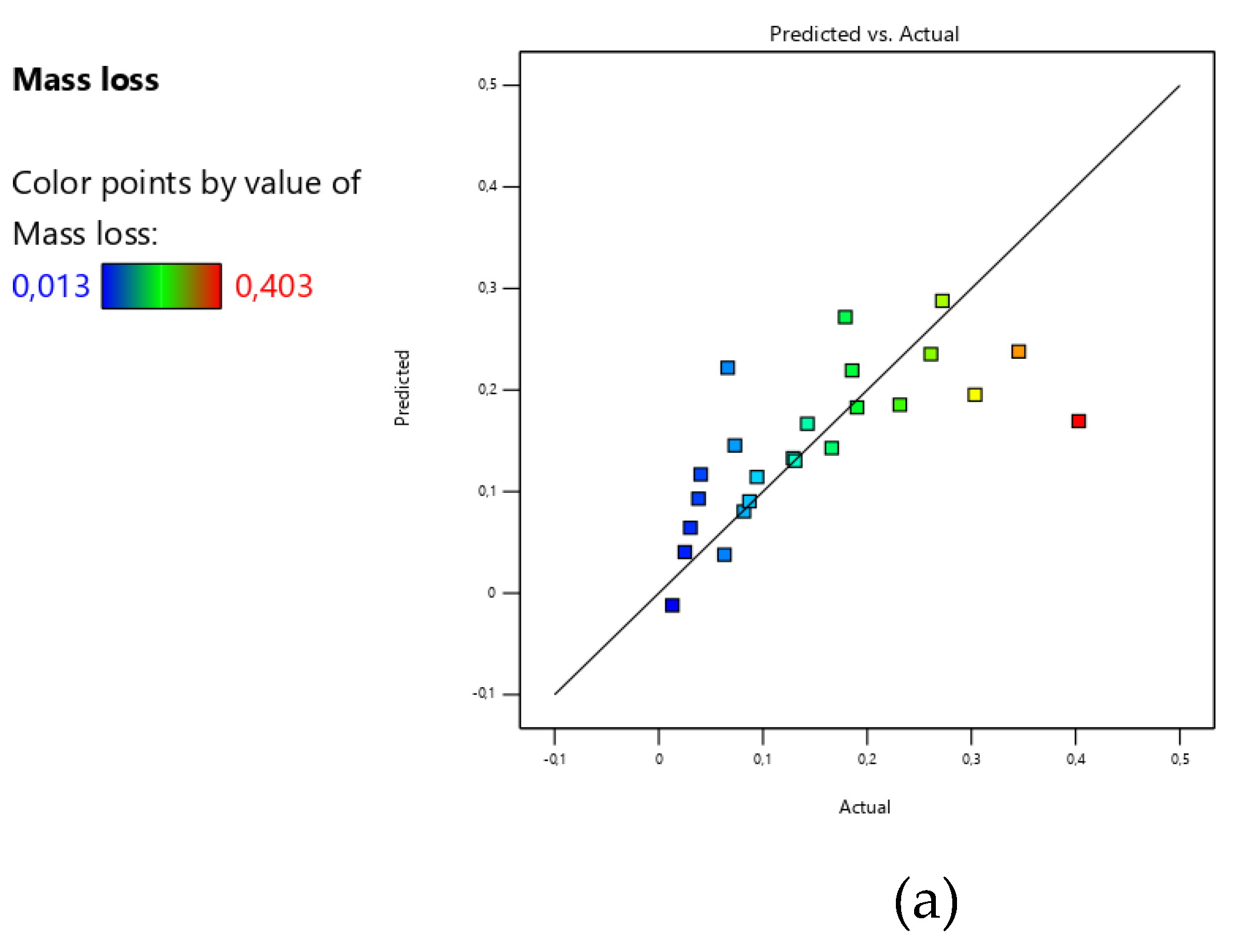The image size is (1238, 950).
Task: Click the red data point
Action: coord(1078,421)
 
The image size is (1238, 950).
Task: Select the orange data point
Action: coord(1018,352)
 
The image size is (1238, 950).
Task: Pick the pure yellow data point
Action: coord(974,395)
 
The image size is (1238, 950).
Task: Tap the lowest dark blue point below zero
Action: coord(672,605)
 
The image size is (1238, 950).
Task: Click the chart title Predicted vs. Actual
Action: coord(864,34)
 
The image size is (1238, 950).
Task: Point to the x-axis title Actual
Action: coord(864,807)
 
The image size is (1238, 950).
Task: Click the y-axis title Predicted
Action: coord(401,388)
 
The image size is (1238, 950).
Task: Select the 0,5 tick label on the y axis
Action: coord(487,85)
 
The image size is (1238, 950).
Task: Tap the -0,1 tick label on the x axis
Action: coord(554,759)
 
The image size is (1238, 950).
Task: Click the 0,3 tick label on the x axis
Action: coord(971,759)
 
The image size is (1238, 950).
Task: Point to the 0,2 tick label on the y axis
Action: coord(487,389)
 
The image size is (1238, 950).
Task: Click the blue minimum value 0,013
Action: coord(51,286)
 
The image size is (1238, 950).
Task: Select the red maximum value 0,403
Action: coord(274,286)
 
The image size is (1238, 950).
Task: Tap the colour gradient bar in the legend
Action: coord(161,286)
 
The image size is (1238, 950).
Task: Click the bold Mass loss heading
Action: coord(86,79)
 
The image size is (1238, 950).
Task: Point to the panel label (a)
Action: coord(925,902)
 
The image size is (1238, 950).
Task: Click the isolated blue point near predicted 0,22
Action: coord(727,368)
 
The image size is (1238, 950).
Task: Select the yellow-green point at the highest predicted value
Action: coord(942,301)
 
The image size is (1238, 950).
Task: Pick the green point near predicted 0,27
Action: coord(845,317)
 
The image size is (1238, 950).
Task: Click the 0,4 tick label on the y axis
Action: coord(487,186)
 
